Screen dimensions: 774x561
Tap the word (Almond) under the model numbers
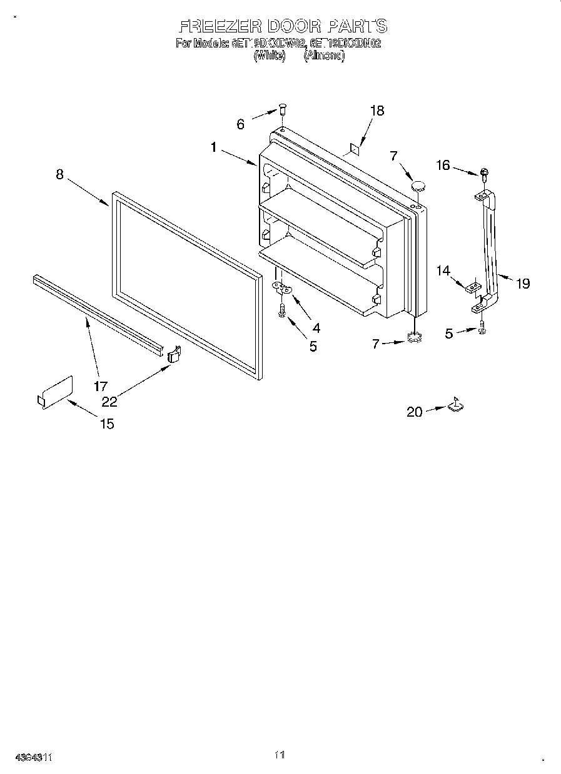tap(324, 55)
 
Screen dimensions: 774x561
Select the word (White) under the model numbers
tap(269, 55)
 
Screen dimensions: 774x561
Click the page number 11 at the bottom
tap(280, 755)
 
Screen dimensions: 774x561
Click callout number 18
tap(377, 111)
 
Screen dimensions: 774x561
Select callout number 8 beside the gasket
tap(59, 174)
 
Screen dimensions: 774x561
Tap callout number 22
tap(109, 402)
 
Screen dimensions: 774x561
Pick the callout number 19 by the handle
tap(522, 284)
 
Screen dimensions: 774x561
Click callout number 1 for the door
tap(214, 147)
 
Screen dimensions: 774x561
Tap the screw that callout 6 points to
tap(282, 110)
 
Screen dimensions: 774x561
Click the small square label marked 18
tap(353, 149)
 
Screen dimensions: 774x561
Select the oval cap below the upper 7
tap(418, 186)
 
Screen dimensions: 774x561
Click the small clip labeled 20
tap(455, 405)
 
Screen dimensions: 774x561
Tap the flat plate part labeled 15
tap(55, 394)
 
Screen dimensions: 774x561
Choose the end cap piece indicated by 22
tap(174, 354)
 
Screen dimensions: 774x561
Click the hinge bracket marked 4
tap(283, 287)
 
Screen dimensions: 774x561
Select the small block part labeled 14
tap(473, 285)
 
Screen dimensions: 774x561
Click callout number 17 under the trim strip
tap(101, 386)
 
